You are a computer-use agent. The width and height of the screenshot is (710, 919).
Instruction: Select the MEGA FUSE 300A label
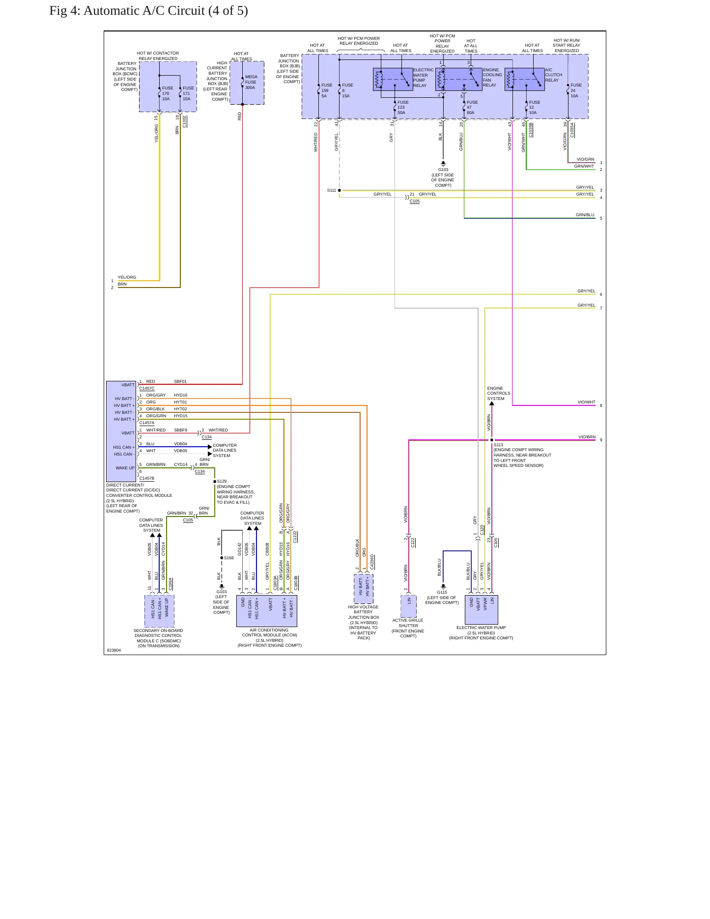point(251,82)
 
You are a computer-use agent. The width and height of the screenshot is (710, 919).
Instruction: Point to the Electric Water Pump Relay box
point(393,79)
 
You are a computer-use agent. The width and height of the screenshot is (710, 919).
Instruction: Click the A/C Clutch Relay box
point(524,79)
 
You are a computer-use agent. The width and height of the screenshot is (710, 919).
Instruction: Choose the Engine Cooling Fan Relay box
point(458,79)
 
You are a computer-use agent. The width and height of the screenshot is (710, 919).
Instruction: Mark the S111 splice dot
point(339,190)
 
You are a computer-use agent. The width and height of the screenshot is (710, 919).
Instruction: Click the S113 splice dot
point(492,440)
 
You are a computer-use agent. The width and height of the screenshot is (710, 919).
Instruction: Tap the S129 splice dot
point(215,482)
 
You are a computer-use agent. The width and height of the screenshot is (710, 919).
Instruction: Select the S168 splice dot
point(222,558)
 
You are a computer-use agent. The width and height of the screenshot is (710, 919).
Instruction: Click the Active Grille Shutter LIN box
point(408,606)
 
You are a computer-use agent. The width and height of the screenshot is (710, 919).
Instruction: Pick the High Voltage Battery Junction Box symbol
point(364,589)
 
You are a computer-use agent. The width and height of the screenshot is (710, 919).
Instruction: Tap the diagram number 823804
point(114,650)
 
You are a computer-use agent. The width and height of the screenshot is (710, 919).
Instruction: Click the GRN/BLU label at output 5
point(585,215)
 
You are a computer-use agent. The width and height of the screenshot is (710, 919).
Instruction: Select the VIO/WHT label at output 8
point(586,402)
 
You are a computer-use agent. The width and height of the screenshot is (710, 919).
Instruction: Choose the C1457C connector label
point(147,388)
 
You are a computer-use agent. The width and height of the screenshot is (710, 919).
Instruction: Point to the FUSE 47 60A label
point(472,108)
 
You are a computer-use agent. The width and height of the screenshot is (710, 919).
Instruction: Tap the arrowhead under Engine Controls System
point(492,404)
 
